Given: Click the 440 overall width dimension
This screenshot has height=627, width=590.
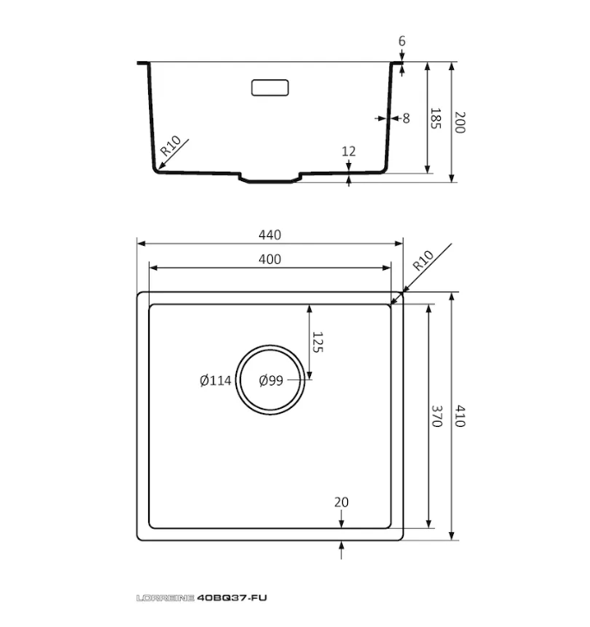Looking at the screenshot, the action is [x=270, y=235].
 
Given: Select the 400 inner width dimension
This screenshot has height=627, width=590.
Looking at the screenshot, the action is [x=270, y=260].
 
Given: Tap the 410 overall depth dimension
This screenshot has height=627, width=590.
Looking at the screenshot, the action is [x=460, y=417].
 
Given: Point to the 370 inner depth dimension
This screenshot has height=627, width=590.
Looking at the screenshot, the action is [x=437, y=417].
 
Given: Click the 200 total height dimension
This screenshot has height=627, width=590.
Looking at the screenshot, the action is [x=460, y=122].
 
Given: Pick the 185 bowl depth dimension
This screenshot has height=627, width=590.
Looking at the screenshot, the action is [x=436, y=118].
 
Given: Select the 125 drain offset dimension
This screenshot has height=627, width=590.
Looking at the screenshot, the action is [x=317, y=342].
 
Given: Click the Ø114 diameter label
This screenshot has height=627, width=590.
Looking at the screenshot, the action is [x=215, y=380].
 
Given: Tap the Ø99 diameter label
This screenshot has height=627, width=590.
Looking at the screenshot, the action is [x=270, y=380].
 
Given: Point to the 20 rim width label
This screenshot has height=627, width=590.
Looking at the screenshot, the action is [x=342, y=502].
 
